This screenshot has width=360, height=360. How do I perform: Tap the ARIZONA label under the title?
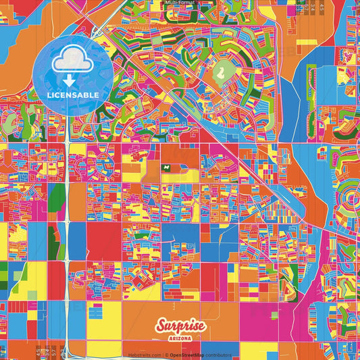(x=180, y=337)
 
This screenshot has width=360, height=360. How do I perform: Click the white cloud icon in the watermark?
(x=72, y=62)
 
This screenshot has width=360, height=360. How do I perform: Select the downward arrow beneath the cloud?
(x=69, y=80)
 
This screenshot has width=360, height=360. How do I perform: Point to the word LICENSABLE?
(x=73, y=95)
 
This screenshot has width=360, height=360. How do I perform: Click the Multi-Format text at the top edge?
(x=179, y=3)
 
